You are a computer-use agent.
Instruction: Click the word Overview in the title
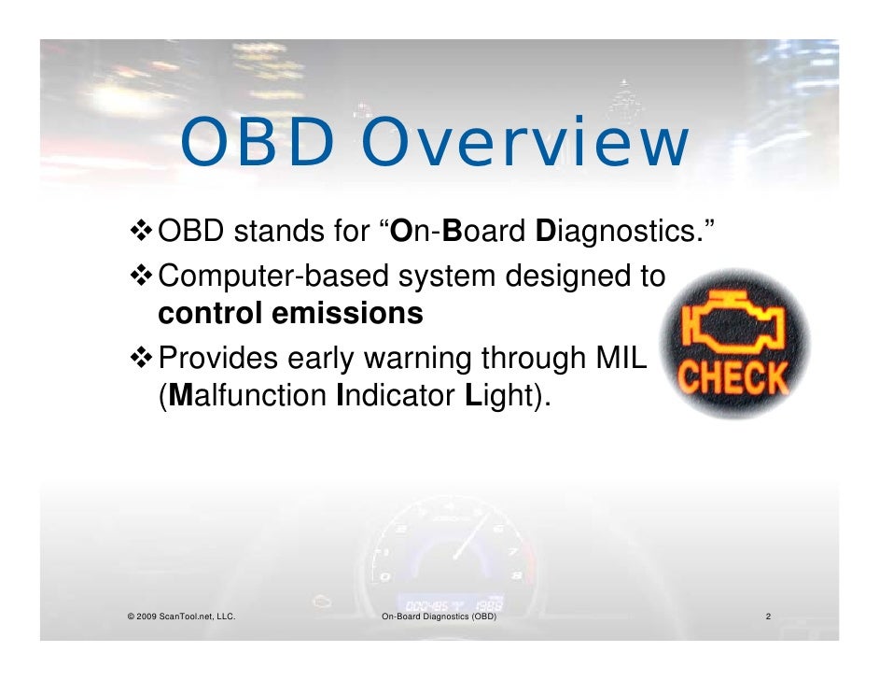[524, 146]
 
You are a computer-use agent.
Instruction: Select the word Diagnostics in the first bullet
[622, 232]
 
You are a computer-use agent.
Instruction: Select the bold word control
[210, 315]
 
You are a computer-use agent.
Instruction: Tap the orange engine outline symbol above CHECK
[735, 326]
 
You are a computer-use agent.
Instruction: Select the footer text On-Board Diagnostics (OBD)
[439, 617]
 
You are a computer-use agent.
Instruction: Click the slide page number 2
[767, 617]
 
